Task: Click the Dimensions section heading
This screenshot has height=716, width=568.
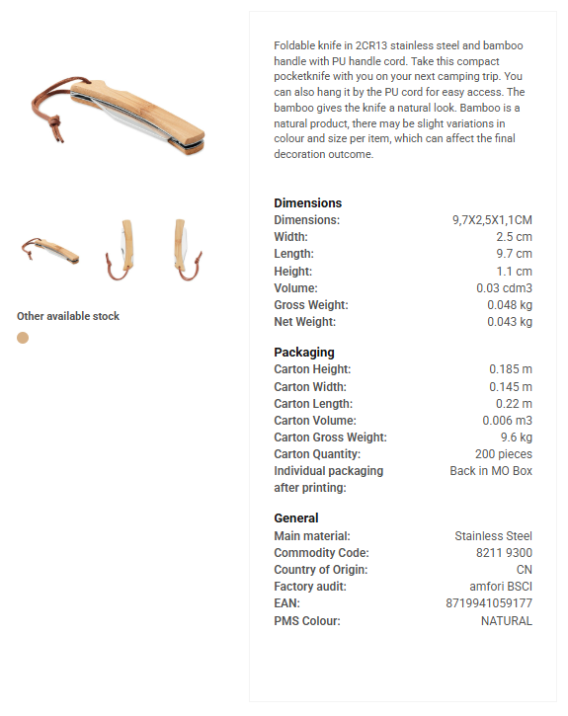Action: [x=307, y=202]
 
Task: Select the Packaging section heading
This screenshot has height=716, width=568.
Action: [x=304, y=352]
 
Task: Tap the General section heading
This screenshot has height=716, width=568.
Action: [x=296, y=517]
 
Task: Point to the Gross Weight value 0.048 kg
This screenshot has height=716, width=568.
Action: [x=510, y=305]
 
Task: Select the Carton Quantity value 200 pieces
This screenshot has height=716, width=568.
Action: [x=503, y=454]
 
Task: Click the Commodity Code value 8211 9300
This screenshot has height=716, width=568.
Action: [x=504, y=553]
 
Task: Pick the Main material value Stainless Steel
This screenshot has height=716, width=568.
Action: [x=493, y=536]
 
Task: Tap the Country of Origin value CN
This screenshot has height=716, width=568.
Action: [x=525, y=570]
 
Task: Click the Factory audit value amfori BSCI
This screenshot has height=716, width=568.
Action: [x=502, y=587]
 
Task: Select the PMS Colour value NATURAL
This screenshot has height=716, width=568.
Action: [x=507, y=621]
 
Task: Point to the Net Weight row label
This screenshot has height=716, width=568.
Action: [x=304, y=322]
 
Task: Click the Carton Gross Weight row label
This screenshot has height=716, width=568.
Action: [x=330, y=438]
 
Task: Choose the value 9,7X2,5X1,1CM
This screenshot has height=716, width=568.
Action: [x=492, y=220]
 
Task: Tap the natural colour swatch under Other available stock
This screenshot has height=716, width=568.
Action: [x=23, y=338]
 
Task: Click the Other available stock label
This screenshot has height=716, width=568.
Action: [x=68, y=316]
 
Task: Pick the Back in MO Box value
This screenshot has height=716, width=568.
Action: [x=491, y=471]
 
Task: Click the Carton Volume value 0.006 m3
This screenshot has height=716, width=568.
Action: [x=508, y=421]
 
